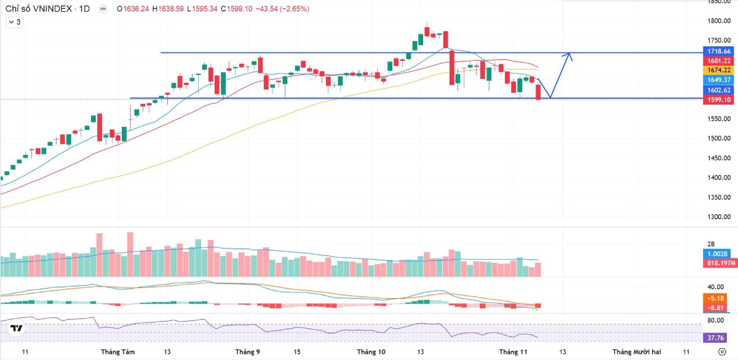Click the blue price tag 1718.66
718,51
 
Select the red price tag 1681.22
718,61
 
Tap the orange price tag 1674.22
718,70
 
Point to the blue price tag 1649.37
718,80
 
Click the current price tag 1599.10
718,100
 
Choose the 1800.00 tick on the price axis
718,21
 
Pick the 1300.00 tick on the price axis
718,217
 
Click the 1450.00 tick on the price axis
718,158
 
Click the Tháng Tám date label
117,352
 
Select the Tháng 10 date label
371,352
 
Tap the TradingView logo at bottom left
17,329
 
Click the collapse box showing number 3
14,22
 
